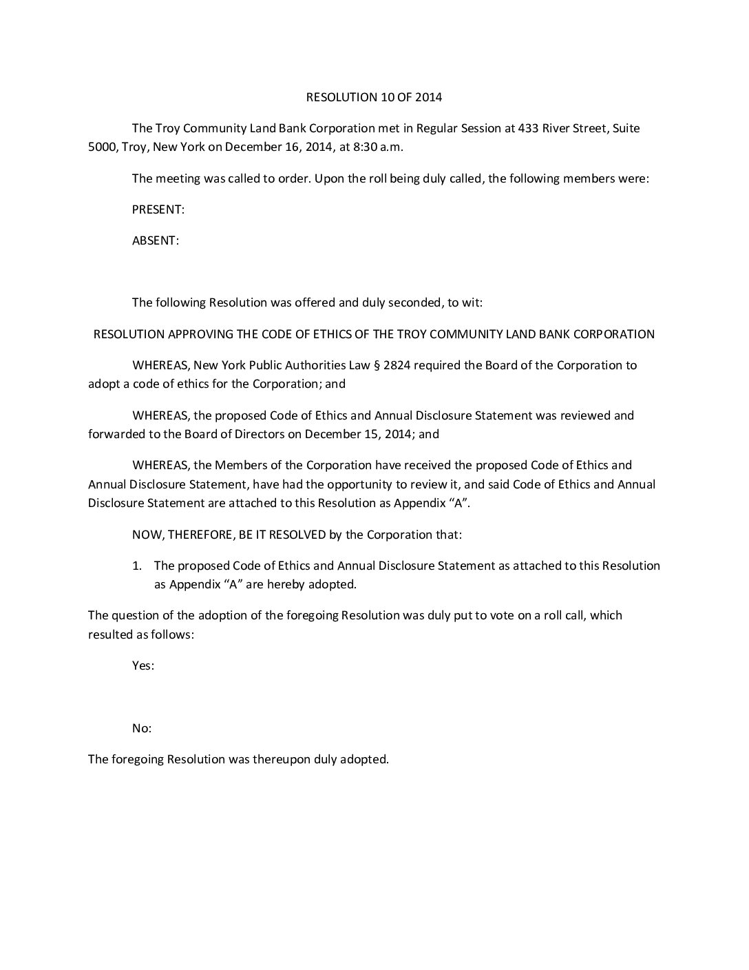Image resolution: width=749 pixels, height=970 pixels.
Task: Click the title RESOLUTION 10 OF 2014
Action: coord(374,97)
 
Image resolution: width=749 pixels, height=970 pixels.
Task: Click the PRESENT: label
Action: coord(158,209)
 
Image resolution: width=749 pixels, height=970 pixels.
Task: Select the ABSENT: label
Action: coord(156,240)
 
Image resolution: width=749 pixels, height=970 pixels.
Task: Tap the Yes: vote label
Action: coord(143,665)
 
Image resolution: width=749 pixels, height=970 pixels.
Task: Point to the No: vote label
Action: coord(142,728)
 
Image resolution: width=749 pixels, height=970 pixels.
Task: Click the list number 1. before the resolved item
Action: coord(137,566)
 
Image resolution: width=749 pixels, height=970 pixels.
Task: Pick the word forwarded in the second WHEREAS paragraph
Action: coord(115,434)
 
